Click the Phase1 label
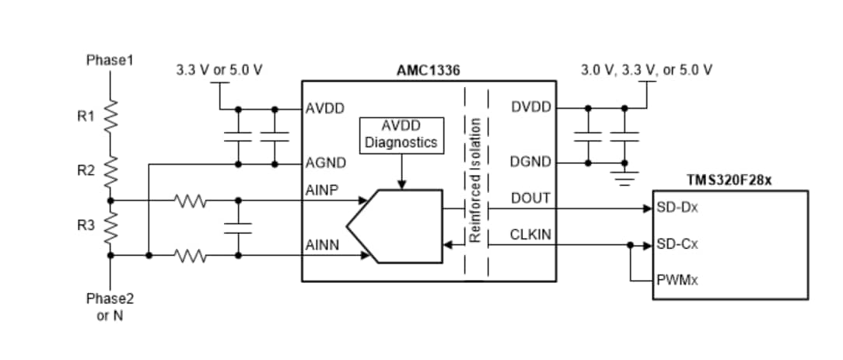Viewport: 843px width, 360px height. [110, 60]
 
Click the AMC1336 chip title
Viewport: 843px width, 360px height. [428, 70]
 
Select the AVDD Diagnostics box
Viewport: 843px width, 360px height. [401, 135]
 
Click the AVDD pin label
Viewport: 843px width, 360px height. [320, 107]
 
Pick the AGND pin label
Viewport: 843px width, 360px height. [320, 164]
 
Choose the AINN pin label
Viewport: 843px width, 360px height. [321, 245]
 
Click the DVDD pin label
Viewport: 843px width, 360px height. [530, 107]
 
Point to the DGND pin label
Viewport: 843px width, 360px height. [530, 162]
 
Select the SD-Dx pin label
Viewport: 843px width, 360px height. [677, 208]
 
